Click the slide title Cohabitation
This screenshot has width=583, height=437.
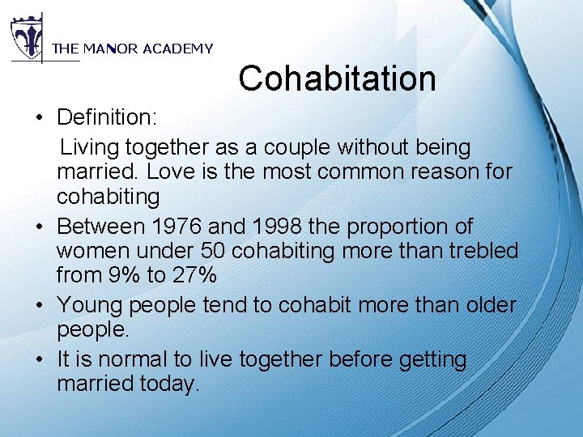337,78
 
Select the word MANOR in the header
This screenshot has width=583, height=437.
111,49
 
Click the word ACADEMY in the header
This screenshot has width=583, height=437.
177,49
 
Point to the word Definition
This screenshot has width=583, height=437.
106,117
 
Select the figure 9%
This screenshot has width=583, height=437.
125,275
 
